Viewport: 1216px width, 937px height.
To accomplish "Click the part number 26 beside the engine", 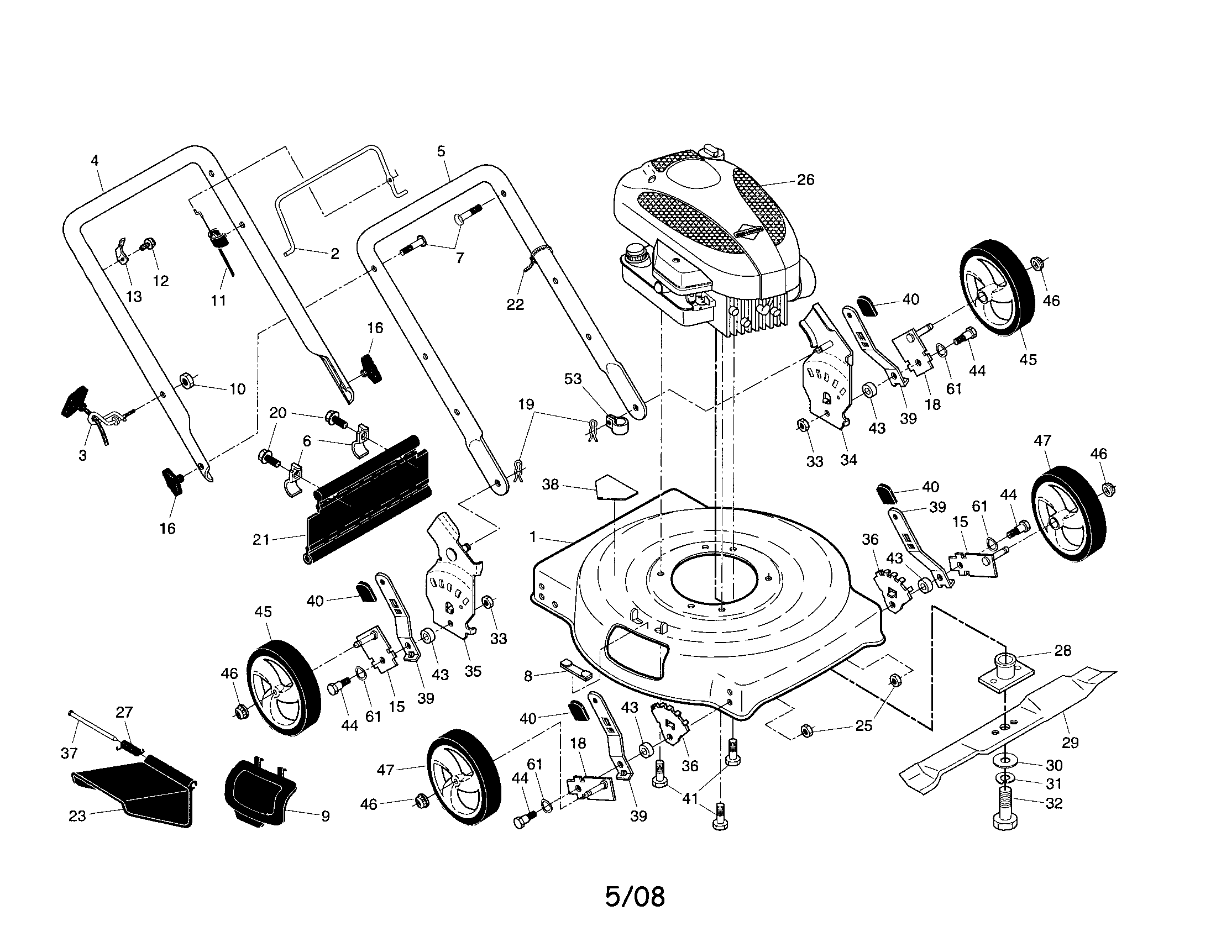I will tap(805, 180).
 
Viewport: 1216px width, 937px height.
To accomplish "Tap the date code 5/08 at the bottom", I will tap(635, 896).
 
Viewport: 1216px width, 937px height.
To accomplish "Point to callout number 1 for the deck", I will tap(533, 536).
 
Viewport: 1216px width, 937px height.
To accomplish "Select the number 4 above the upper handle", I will tap(95, 161).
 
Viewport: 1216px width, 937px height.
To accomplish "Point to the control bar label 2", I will tap(334, 254).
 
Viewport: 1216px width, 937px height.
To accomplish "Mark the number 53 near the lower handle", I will tap(573, 379).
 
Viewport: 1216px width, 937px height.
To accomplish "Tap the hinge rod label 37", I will tap(69, 754).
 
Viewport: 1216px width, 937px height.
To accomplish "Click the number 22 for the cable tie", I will tap(515, 304).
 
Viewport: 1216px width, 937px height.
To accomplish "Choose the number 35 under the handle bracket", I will tap(473, 671).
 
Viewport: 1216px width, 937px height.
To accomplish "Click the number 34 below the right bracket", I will tap(848, 460).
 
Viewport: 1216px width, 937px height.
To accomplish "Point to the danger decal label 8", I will tap(528, 676).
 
